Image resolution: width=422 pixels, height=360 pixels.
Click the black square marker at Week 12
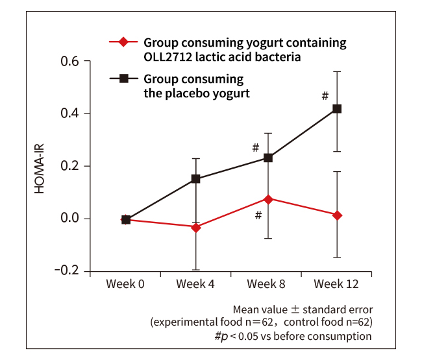click(x=337, y=109)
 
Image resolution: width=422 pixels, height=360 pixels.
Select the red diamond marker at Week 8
click(x=267, y=198)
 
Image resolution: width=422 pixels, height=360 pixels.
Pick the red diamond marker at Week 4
click(x=196, y=227)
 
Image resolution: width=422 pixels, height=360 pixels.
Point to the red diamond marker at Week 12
click(x=337, y=215)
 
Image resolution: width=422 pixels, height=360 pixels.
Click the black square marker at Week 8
click(x=267, y=158)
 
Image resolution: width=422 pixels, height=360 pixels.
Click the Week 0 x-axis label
click(x=126, y=285)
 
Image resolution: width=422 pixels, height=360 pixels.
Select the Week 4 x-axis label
click(x=196, y=285)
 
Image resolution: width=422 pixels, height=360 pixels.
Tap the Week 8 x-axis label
click(x=267, y=285)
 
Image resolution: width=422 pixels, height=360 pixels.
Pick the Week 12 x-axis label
click(x=337, y=285)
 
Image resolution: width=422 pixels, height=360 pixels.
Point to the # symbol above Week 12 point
click(x=325, y=96)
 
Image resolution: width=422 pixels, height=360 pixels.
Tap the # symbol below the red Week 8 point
click(x=258, y=215)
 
